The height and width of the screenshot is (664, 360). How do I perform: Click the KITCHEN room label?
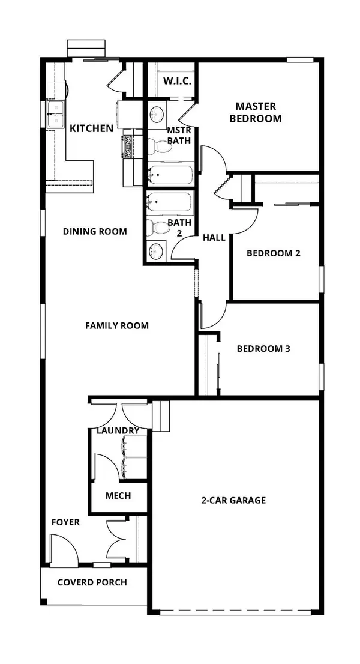click(91, 128)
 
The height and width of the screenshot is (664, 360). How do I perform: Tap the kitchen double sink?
click(57, 115)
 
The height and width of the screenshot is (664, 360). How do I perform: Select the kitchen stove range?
click(129, 147)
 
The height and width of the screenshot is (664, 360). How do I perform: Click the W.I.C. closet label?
click(177, 81)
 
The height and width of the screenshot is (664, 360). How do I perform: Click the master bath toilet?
click(158, 144)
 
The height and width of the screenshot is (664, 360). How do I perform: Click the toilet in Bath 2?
click(158, 227)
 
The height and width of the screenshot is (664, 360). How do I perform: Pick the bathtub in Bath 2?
click(170, 203)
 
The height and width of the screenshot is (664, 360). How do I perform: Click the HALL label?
click(214, 238)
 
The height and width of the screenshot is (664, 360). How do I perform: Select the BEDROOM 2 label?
click(274, 253)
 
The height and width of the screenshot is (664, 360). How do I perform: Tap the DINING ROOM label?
click(95, 231)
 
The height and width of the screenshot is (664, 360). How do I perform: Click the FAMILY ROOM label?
click(117, 325)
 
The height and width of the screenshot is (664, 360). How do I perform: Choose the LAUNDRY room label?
click(118, 430)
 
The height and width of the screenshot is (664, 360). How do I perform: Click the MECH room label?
click(118, 496)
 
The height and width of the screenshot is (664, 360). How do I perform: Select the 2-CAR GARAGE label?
click(234, 500)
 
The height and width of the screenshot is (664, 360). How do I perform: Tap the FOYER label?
click(65, 522)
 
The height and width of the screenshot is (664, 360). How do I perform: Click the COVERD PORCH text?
click(92, 582)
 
